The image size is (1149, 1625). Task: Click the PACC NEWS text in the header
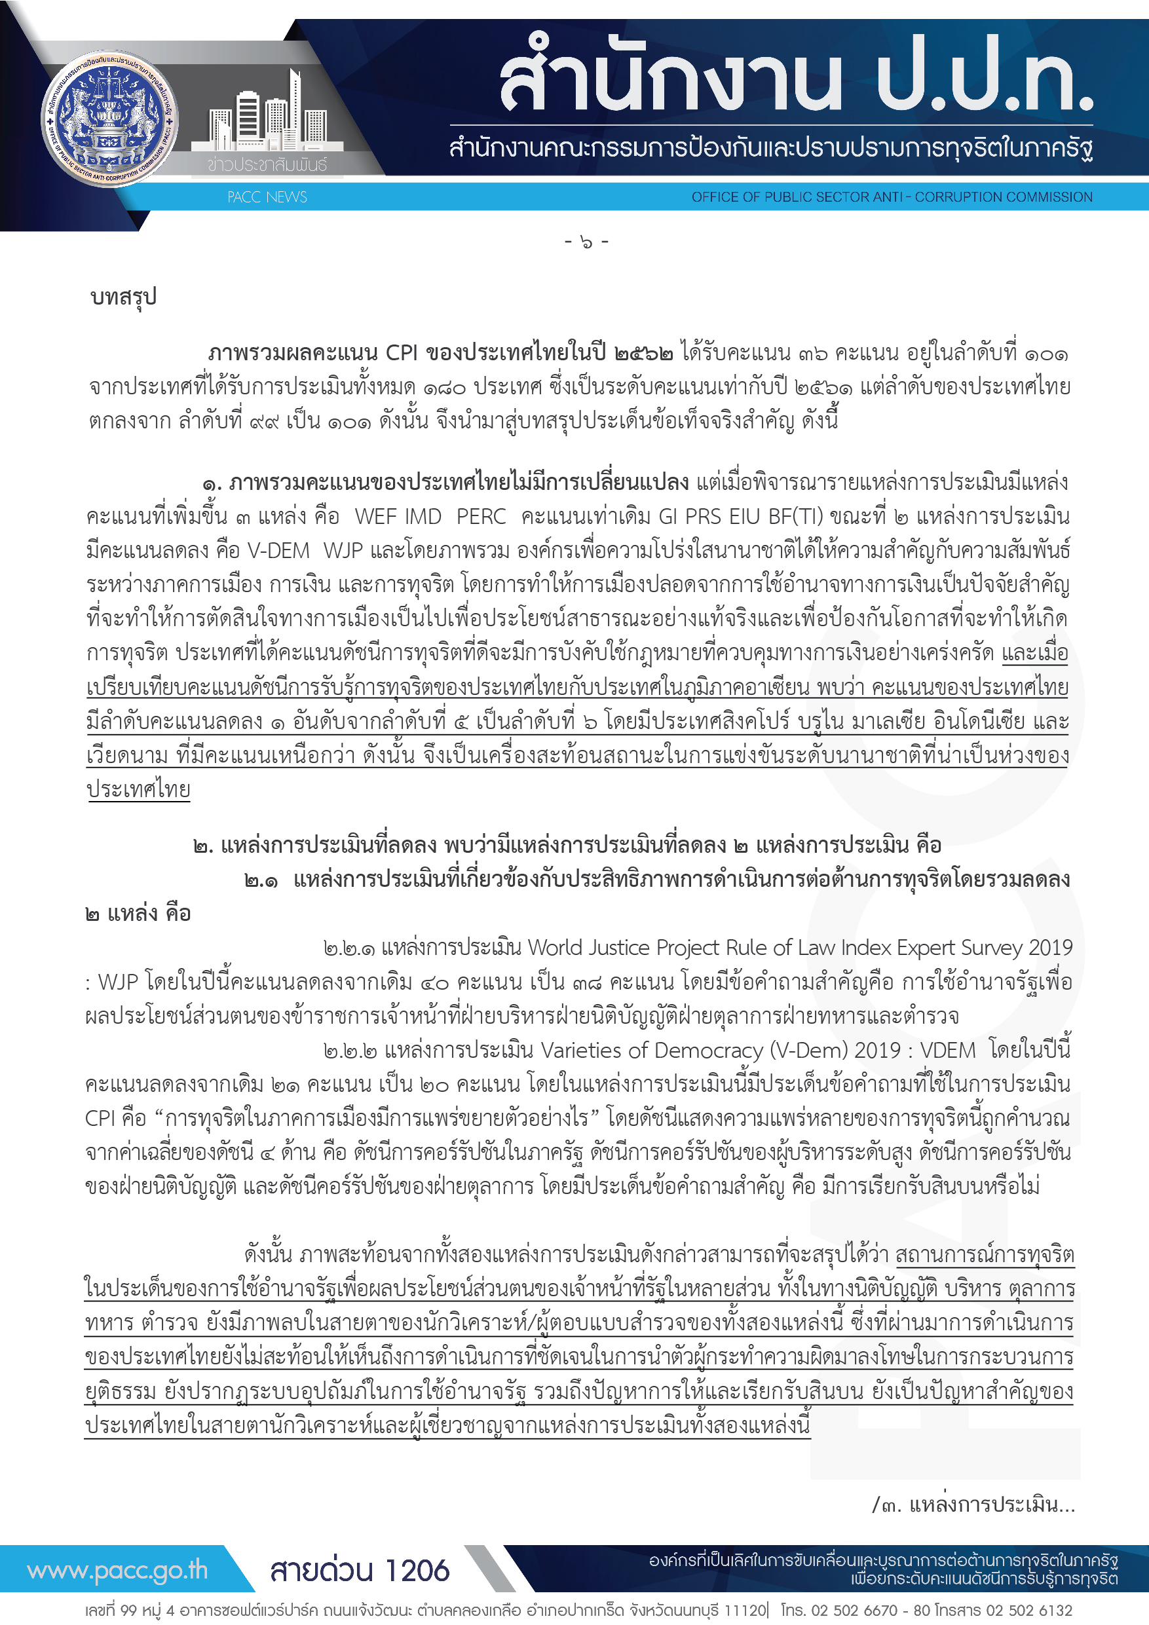[x=267, y=196]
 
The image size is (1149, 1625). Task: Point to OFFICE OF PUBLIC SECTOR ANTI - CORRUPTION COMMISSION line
[x=892, y=196]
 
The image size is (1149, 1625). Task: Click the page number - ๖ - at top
[x=586, y=242]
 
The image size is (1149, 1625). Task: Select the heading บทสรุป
[x=123, y=297]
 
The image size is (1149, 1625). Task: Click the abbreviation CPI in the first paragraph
[x=402, y=352]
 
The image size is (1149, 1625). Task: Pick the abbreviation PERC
[x=481, y=516]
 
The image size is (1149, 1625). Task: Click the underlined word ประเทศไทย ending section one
[x=139, y=789]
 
